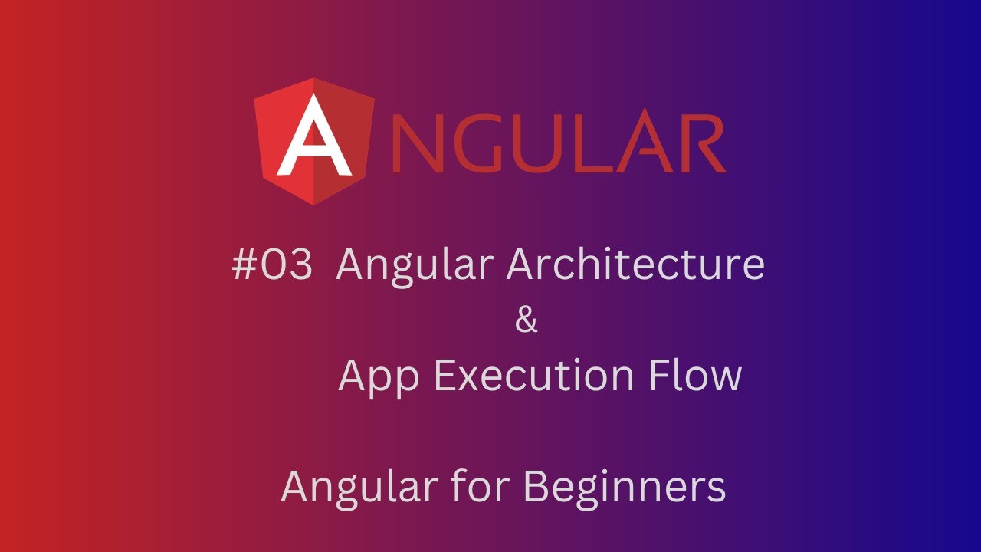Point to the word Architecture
(636, 265)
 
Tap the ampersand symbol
(527, 320)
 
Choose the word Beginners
(625, 488)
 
